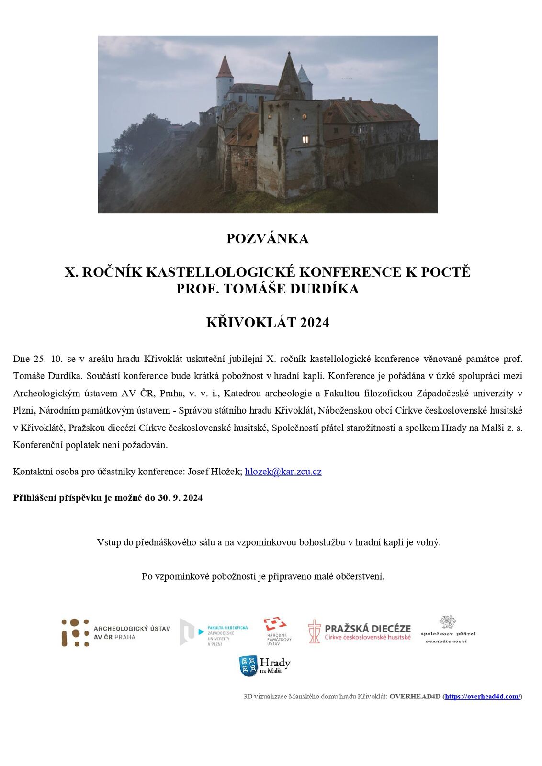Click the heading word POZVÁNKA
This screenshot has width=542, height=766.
tap(267, 238)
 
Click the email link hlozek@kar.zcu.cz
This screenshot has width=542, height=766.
tap(283, 472)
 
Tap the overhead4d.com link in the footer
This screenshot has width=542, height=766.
tap(482, 697)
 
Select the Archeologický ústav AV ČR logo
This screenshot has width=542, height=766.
tap(115, 632)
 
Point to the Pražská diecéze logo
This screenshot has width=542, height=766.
tap(359, 631)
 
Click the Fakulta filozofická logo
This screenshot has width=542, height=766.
tap(214, 632)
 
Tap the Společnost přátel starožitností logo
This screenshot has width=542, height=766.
tap(448, 630)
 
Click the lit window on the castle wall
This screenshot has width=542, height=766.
tap(305, 139)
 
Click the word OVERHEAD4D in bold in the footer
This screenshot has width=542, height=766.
tap(415, 697)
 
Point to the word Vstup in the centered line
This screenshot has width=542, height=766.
tap(109, 542)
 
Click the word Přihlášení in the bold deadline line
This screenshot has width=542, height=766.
tap(35, 498)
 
